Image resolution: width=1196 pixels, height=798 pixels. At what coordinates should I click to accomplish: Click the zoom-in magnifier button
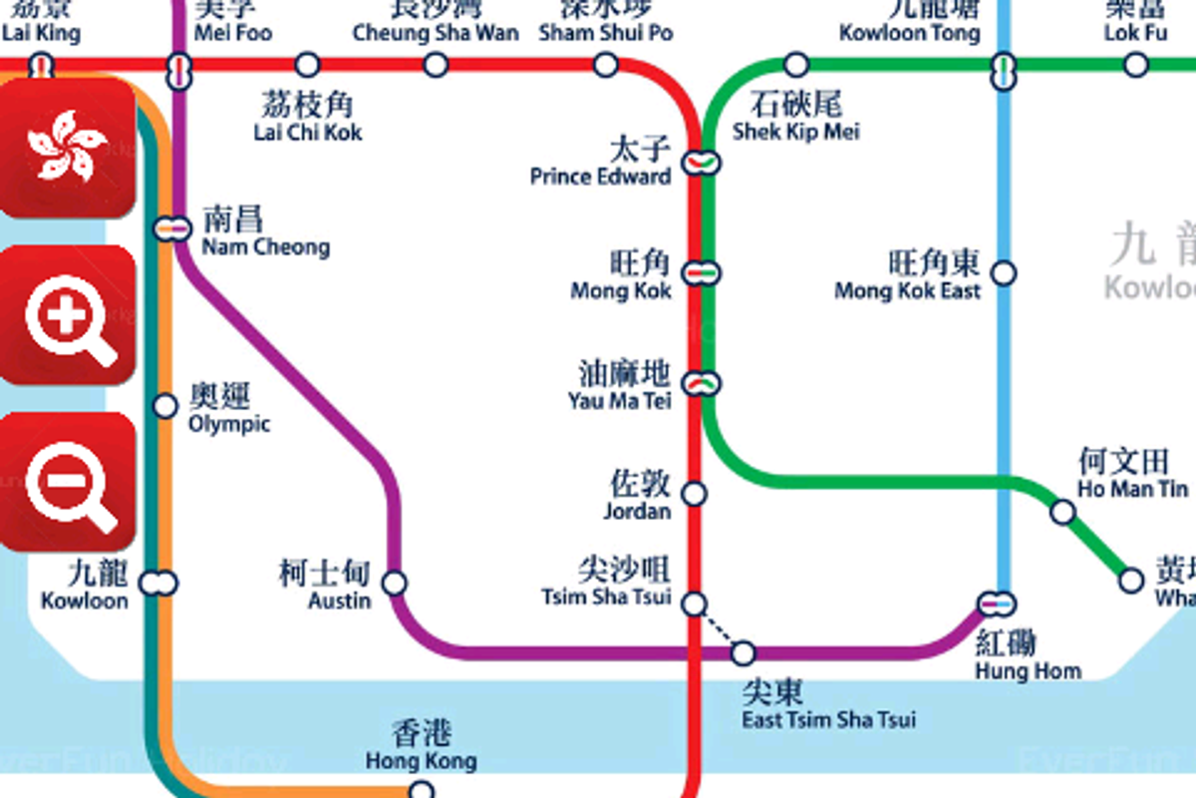(x=68, y=314)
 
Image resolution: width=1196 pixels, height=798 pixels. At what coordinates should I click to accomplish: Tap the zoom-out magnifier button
(x=68, y=482)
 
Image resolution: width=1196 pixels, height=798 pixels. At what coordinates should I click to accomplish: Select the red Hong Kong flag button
(x=68, y=148)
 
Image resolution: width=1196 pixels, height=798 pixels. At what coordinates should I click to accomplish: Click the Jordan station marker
(x=695, y=494)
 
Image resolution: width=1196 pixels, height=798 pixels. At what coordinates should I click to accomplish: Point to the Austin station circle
(x=395, y=583)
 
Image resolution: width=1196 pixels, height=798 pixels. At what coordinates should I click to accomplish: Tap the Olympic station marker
(x=165, y=405)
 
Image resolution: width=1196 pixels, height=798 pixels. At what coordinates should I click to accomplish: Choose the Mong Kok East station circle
(x=1005, y=272)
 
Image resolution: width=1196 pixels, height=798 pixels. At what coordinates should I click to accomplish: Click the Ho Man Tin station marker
(x=1063, y=513)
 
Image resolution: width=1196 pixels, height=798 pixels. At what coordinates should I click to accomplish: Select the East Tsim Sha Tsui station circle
(x=744, y=653)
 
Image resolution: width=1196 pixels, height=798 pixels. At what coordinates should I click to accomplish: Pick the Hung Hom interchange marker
(x=997, y=602)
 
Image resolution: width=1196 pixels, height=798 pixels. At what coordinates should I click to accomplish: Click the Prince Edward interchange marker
(x=702, y=161)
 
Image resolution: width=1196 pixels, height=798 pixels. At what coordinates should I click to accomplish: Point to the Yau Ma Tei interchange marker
(x=702, y=382)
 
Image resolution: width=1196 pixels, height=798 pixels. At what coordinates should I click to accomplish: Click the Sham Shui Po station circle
(x=606, y=65)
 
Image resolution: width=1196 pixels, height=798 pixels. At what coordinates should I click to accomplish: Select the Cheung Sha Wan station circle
(x=436, y=65)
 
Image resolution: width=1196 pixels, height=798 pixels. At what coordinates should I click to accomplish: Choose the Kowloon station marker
(x=158, y=583)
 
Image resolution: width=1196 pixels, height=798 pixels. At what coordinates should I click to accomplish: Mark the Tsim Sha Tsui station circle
(x=695, y=602)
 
